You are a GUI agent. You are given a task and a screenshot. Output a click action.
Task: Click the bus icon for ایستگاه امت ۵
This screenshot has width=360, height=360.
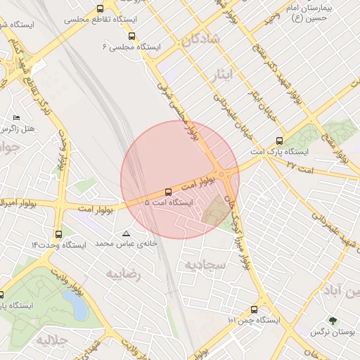point(167,191)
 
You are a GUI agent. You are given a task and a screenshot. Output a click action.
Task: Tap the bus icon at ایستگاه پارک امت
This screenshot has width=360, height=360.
point(280,141)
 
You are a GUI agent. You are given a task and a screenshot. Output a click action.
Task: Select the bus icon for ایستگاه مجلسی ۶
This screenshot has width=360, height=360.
point(132,36)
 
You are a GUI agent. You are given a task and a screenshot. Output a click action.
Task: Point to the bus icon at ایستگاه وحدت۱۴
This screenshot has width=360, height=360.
point(58,234)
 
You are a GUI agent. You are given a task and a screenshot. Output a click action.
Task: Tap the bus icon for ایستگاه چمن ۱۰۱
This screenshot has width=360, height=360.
point(254,309)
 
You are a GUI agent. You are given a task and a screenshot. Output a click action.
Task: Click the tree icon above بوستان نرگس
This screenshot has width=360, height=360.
point(333,321)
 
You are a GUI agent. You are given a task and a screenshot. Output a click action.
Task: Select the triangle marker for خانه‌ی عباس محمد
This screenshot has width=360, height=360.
point(127,233)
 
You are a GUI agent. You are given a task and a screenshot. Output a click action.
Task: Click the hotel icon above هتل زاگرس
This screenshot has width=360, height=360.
point(17,117)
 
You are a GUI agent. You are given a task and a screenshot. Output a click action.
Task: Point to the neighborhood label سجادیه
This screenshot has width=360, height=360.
point(205,264)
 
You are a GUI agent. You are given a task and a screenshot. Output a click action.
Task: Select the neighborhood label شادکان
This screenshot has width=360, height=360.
point(202,39)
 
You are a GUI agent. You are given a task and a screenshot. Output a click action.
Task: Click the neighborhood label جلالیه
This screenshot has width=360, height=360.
point(50,340)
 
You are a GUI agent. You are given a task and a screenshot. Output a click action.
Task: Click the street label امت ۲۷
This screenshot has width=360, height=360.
point(300,167)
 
